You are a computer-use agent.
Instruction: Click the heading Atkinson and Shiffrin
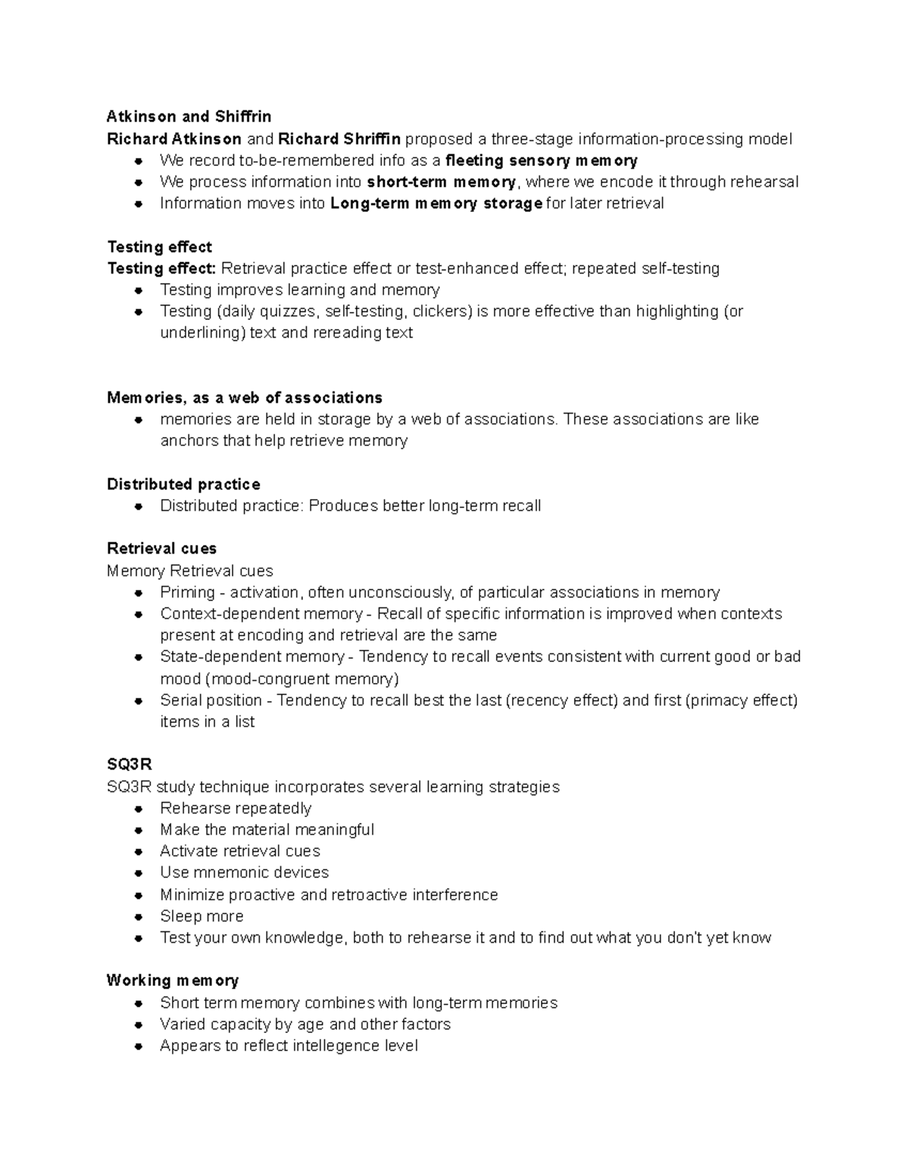click(189, 117)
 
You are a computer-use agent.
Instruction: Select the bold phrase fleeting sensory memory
click(541, 161)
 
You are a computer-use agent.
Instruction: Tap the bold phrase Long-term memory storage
click(436, 203)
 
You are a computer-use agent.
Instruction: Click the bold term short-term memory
click(441, 182)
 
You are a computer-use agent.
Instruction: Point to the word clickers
click(442, 311)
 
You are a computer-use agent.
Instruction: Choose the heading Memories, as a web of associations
click(244, 398)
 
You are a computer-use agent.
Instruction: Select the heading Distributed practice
click(183, 484)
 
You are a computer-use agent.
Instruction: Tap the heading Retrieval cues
click(161, 548)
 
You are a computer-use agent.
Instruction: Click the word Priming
click(187, 592)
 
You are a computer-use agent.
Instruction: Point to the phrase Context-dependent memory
click(261, 613)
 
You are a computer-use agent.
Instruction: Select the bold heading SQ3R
click(129, 765)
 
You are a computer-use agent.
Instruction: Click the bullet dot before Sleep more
click(139, 917)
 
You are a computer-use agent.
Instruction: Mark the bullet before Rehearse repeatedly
click(139, 809)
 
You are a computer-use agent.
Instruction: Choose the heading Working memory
click(172, 981)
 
